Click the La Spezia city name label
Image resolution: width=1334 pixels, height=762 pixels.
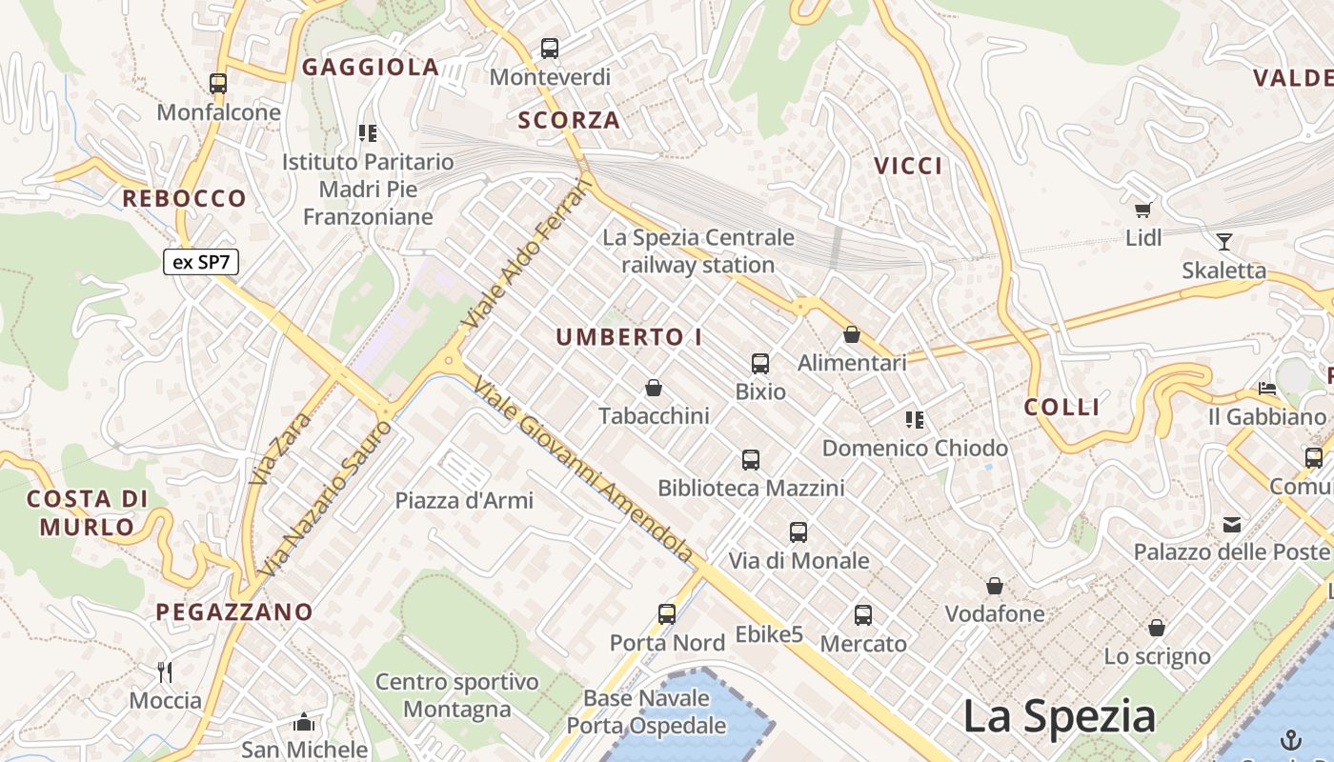coord(1059,716)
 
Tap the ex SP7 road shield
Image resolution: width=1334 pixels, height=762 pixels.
coord(200,262)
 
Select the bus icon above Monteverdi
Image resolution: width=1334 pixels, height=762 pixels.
coord(550,48)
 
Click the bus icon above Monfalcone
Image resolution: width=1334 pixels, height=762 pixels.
coord(218,84)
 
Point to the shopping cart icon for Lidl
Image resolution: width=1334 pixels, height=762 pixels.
coord(1142,209)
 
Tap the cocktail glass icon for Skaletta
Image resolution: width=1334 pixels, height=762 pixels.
coord(1223,241)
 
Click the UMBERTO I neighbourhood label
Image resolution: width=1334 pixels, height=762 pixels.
coord(629,337)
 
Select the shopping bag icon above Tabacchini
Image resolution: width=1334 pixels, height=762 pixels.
coord(654,388)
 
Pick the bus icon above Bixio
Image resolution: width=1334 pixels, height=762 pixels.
coord(759,363)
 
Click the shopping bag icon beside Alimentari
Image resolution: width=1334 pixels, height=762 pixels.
coord(852,334)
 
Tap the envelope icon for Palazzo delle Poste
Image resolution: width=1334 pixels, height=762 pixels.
coord(1232,523)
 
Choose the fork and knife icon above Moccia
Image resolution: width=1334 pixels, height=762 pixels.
coord(165,672)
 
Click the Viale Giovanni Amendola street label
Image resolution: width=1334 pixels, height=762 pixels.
coord(583,471)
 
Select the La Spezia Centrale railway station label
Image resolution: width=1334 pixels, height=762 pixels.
coord(697,251)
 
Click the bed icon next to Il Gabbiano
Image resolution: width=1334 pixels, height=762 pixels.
coord(1266,388)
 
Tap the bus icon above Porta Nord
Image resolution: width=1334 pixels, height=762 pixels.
coord(666,614)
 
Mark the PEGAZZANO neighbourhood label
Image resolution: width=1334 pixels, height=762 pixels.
coord(234,612)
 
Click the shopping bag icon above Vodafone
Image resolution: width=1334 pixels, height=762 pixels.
coord(995,585)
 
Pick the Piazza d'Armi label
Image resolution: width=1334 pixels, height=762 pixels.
coord(464,500)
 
